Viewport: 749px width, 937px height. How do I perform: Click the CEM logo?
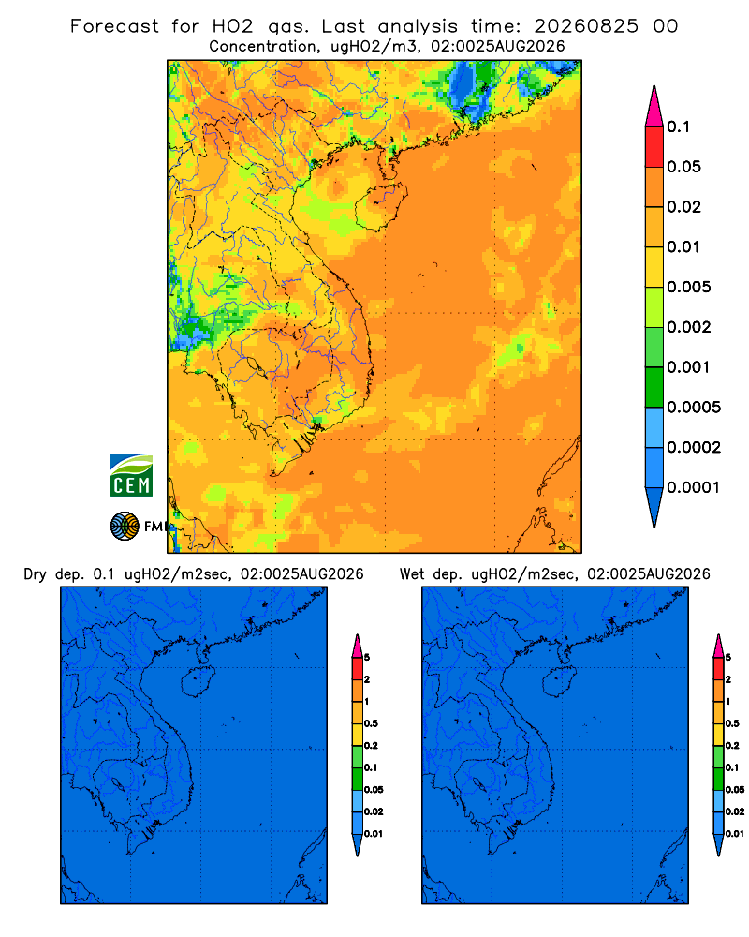(131, 476)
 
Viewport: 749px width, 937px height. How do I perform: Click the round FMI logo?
(125, 527)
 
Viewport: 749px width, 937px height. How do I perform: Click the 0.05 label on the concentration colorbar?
(683, 167)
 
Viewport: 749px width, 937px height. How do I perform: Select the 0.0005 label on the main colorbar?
(694, 408)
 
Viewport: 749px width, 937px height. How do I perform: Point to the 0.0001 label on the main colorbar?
(694, 487)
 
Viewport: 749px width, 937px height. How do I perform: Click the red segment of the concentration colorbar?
(654, 147)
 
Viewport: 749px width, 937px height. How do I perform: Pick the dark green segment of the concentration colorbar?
(654, 387)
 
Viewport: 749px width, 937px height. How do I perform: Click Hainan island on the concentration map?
(381, 207)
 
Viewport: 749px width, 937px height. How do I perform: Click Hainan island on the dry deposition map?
(198, 682)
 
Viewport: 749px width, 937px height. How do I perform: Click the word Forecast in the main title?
(114, 26)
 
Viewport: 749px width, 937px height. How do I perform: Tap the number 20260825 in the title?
(586, 26)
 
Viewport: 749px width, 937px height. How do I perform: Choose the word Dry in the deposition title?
(35, 575)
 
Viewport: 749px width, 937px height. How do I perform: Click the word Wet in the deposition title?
(412, 574)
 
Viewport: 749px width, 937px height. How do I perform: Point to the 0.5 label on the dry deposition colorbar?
(371, 723)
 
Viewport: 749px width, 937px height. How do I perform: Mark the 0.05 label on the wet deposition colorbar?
(735, 790)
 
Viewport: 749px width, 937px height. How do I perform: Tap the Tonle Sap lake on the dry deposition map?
(118, 784)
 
